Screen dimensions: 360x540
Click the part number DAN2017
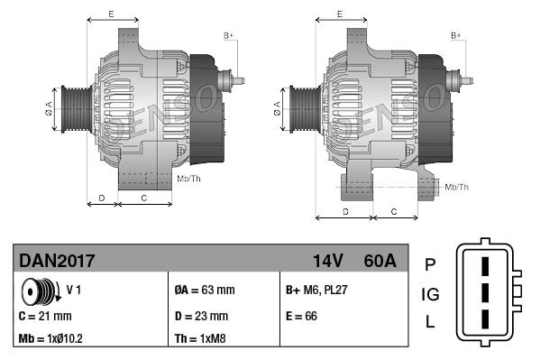57,261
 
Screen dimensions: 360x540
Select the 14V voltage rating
328,261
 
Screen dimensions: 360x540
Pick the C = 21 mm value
45,316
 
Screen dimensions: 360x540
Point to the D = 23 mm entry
202,316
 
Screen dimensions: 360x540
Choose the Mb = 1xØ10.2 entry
52,340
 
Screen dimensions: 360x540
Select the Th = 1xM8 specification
200,340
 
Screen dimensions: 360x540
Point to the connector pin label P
430,264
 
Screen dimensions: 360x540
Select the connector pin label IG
430,294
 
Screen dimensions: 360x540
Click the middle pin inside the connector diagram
484,294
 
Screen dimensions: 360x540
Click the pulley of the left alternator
73,109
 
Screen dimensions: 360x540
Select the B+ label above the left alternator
228,35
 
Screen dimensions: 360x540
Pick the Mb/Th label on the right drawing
457,187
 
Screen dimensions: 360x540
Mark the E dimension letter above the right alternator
339,14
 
